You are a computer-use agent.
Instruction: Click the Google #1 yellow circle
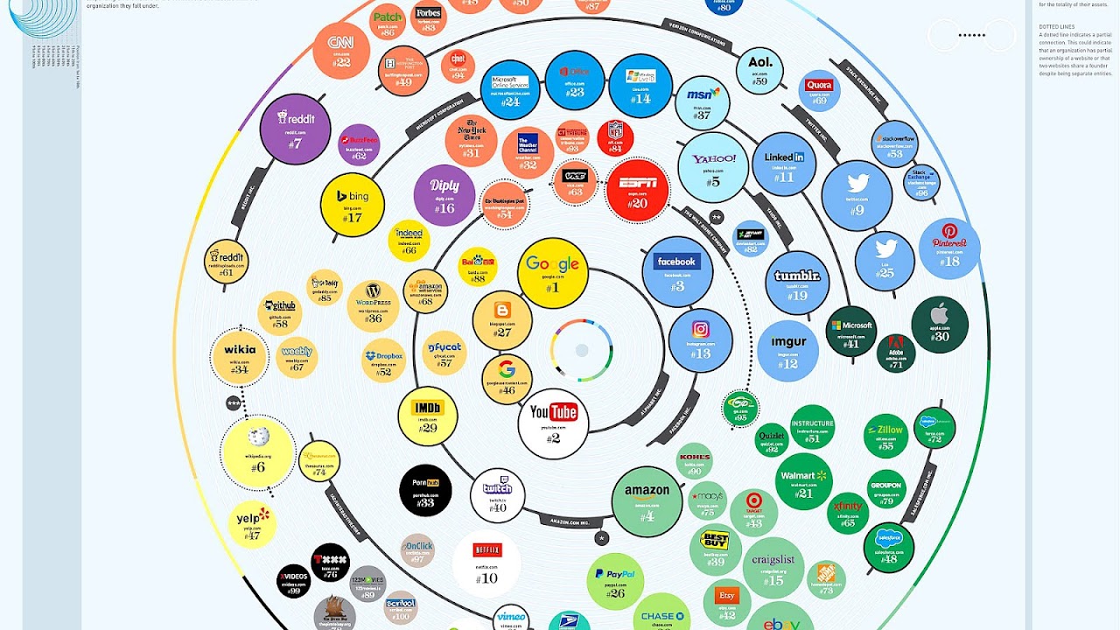click(552, 272)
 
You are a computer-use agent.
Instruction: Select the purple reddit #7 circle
click(295, 129)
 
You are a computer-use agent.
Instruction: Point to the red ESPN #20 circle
click(637, 190)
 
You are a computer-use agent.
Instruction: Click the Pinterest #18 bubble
click(949, 248)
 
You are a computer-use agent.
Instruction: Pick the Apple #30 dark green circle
click(940, 325)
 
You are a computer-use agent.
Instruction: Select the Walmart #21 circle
click(803, 482)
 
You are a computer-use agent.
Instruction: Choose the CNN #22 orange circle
click(340, 50)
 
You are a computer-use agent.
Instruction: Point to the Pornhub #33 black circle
click(425, 491)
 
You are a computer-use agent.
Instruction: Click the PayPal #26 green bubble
click(615, 581)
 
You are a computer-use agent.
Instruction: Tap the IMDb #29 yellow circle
click(427, 416)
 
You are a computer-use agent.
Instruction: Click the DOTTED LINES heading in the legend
click(1053, 26)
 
